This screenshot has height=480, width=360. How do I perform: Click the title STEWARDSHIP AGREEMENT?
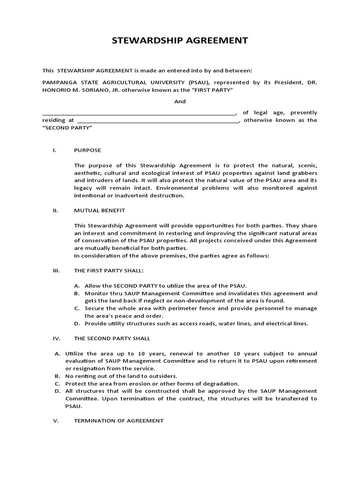[180, 41]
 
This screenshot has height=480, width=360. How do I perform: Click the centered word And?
[180, 101]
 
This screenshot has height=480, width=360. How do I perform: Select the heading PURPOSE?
[87, 150]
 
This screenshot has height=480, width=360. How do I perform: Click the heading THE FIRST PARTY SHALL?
[109, 271]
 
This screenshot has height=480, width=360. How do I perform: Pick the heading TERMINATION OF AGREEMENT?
[119, 421]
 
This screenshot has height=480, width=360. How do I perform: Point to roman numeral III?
[55, 271]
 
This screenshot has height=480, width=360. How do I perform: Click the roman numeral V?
[55, 421]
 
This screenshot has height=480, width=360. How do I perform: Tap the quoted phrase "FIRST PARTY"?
[215, 90]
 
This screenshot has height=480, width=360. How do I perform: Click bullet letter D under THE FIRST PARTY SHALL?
[77, 323]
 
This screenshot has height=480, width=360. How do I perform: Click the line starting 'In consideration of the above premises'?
[172, 255]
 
